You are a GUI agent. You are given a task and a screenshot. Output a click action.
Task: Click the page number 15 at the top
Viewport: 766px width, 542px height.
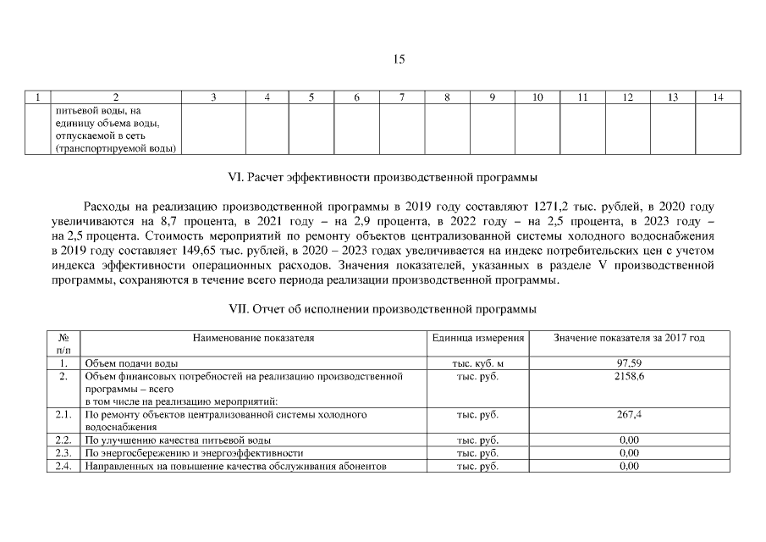coord(400,59)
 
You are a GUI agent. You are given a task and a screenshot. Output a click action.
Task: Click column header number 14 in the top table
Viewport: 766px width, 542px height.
coord(718,97)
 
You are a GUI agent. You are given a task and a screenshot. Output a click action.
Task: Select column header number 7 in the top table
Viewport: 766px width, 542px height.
coord(401,97)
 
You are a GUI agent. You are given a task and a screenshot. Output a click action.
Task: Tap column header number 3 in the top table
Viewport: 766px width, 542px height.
coord(213,97)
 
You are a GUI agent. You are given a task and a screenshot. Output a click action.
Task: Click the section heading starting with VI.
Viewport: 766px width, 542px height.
coord(383,178)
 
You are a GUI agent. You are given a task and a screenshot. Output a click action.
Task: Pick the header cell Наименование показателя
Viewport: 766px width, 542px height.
coord(253,338)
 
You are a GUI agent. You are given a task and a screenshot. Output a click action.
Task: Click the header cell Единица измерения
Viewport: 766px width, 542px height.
coord(478,338)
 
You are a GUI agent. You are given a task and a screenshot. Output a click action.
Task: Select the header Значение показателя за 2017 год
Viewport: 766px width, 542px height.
coord(629,338)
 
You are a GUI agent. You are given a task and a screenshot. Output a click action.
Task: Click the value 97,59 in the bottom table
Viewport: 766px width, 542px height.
coord(629,363)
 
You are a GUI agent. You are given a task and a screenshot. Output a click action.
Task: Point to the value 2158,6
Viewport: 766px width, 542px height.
coord(629,376)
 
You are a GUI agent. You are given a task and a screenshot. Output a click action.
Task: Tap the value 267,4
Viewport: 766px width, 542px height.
coord(629,415)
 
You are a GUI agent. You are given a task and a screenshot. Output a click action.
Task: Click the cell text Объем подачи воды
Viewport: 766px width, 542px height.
coord(131,363)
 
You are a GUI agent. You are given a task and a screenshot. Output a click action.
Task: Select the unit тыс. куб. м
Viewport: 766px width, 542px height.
coord(478,363)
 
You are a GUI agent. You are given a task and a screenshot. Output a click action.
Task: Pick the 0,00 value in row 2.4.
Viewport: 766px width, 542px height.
coord(629,466)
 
